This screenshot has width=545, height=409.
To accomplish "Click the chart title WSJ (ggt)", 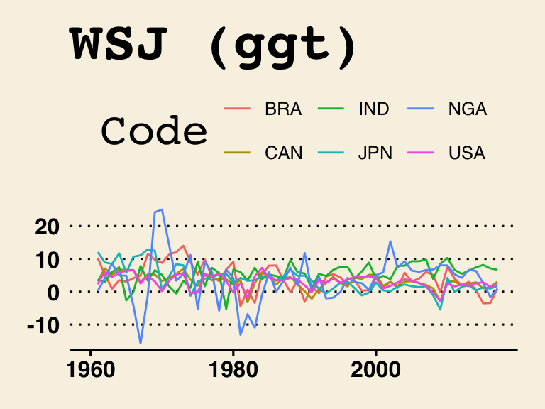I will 214,45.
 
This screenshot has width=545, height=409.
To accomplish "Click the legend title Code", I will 154,131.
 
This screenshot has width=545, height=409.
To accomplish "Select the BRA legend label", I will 283,109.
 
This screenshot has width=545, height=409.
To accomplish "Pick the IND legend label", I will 374,109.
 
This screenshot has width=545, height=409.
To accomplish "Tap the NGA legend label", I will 468,109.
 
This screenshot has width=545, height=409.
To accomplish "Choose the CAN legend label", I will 283,153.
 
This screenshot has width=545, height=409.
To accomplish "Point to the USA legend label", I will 467,153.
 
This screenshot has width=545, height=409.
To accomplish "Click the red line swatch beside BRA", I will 237,109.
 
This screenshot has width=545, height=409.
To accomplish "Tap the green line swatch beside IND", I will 330,109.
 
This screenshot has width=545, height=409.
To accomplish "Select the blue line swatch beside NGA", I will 422,109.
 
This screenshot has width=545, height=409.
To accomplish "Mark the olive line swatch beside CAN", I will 237,153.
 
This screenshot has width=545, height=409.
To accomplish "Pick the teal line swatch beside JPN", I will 330,153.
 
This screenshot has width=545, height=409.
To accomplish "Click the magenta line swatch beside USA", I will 422,153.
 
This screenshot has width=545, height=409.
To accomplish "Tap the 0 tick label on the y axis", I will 54,292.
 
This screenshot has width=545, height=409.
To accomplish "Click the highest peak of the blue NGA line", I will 162,209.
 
